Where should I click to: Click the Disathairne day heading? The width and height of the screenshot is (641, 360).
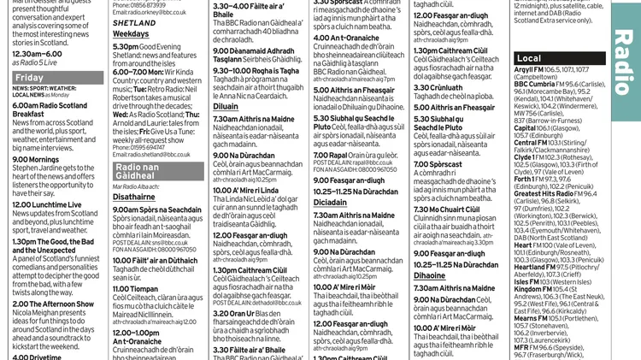(x=134, y=196)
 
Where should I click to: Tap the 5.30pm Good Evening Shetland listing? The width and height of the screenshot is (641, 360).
(x=152, y=47)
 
